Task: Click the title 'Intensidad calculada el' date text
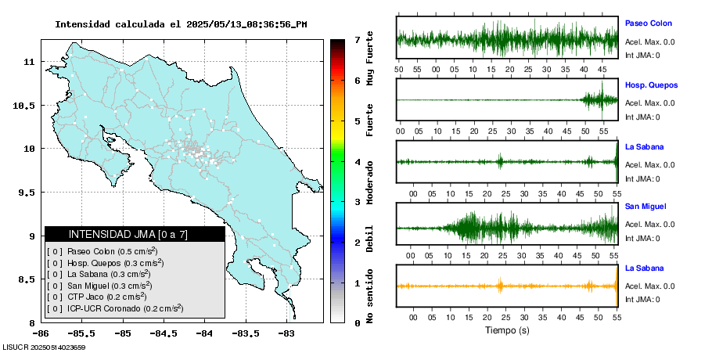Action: tap(181, 24)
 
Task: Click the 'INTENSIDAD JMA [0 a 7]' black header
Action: tap(135, 234)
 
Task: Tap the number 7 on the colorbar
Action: tap(357, 39)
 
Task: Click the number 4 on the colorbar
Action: tap(357, 162)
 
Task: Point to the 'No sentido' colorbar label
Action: tap(370, 298)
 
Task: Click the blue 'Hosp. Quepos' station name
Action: tap(651, 85)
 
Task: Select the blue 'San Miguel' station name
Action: tap(646, 207)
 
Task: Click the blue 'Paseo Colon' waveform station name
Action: tap(648, 23)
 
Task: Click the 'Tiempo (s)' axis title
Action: tap(507, 330)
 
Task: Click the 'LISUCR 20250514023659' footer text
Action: tap(44, 347)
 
